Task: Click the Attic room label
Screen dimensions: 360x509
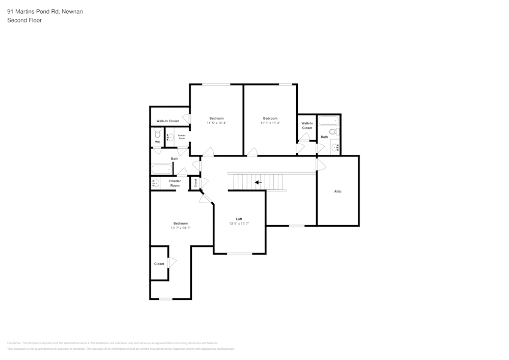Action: coord(337,191)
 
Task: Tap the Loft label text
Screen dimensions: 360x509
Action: coord(239,219)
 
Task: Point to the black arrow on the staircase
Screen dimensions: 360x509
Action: coord(259,182)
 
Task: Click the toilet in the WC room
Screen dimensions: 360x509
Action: coord(157,133)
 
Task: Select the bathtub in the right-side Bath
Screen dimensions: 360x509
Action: coord(328,121)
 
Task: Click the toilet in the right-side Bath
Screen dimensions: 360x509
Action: coord(333,131)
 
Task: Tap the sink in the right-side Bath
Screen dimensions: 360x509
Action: coord(335,148)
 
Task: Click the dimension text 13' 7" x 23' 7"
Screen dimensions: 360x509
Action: coord(180,228)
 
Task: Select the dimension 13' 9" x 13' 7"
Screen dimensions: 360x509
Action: coord(239,224)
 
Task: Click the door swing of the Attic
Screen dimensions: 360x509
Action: coord(321,164)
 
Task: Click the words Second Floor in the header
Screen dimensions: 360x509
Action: coord(24,20)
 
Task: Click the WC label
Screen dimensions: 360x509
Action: coord(157,142)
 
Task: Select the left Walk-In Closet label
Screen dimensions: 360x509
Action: coord(167,121)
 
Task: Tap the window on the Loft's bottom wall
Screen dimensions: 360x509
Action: coord(239,254)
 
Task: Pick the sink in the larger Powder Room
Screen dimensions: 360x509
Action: coord(156,183)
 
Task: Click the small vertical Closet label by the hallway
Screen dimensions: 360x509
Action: coord(195,183)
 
